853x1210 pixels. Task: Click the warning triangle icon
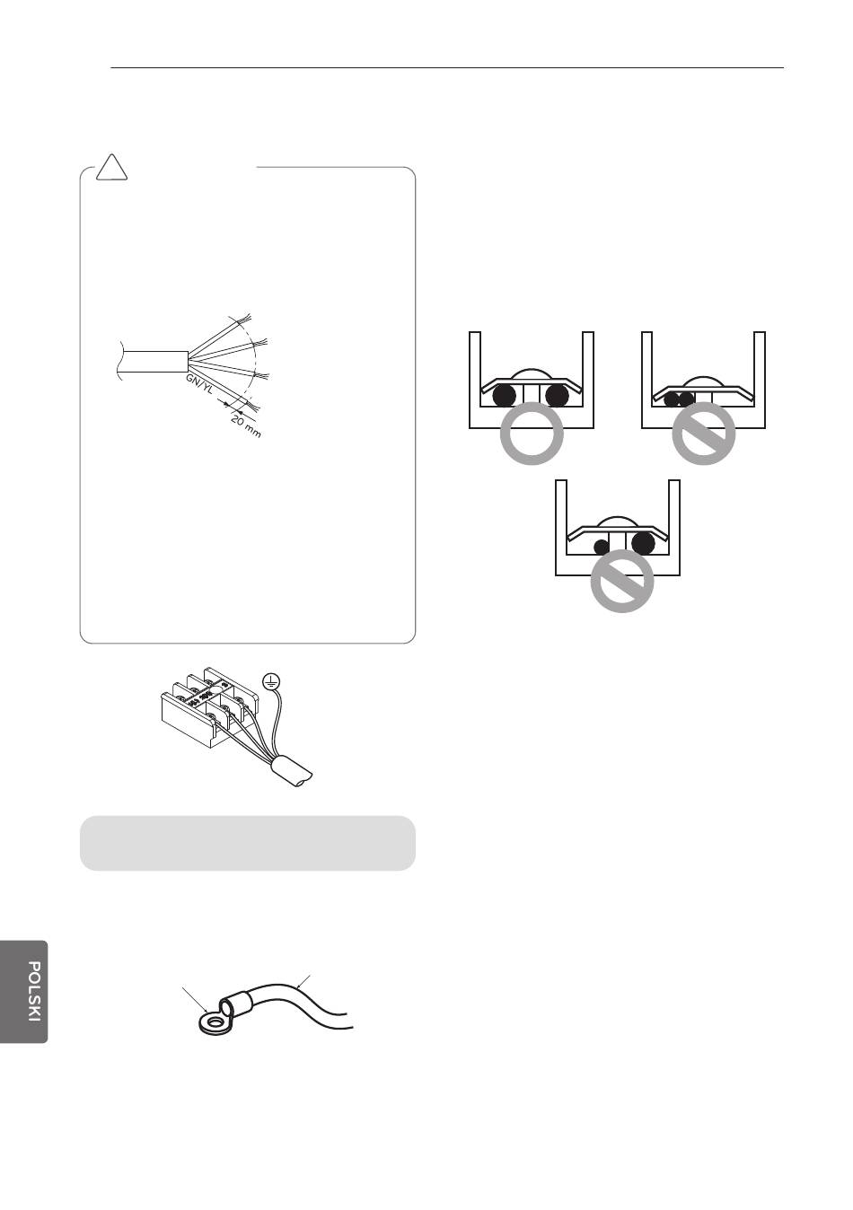(111, 168)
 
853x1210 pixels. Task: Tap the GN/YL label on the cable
(198, 383)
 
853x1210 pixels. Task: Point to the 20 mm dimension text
(246, 425)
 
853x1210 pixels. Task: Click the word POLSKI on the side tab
(33, 992)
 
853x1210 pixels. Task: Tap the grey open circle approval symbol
(532, 434)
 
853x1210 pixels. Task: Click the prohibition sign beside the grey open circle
(703, 434)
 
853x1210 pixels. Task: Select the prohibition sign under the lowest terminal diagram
(621, 582)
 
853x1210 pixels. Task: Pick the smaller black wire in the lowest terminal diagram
(602, 547)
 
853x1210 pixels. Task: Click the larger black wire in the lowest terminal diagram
(643, 543)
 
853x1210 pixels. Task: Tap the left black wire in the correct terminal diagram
(504, 396)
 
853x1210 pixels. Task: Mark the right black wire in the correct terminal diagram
(557, 396)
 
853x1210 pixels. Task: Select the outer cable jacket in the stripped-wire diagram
(153, 362)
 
